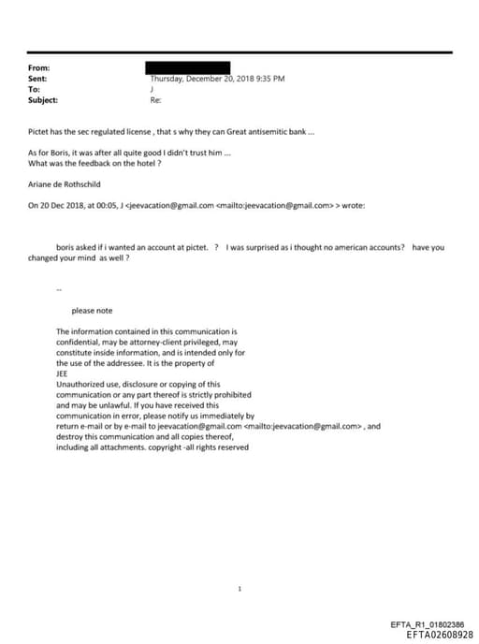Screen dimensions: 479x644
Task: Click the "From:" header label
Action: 39,68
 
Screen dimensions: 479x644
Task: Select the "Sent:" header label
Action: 38,79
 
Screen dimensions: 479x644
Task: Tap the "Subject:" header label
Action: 43,99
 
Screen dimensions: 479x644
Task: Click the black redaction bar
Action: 188,67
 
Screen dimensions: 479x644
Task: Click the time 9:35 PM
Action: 269,79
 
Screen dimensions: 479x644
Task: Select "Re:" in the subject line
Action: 155,99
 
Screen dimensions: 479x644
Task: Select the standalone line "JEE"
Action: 63,373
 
